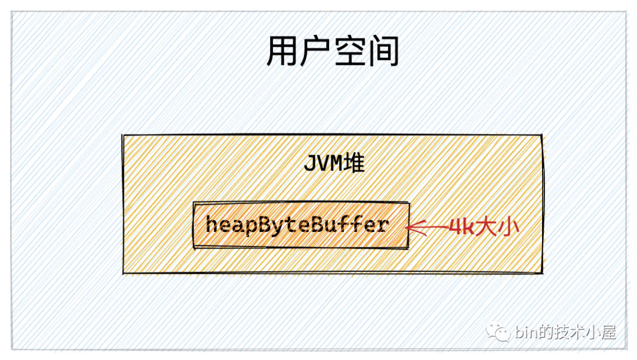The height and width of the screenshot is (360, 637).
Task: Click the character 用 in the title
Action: point(282,51)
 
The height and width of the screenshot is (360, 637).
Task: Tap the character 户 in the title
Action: point(315,51)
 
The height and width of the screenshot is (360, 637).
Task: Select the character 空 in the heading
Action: point(349,51)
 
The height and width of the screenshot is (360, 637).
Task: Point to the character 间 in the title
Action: point(383,51)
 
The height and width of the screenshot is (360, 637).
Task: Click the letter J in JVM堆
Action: point(311,163)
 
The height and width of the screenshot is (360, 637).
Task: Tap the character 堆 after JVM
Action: point(354,163)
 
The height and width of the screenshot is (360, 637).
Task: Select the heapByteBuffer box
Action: point(301,225)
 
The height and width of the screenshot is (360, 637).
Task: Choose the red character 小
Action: point(508,227)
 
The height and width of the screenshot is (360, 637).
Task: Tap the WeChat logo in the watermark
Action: point(498,332)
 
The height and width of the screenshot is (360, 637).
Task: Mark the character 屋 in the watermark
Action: point(608,332)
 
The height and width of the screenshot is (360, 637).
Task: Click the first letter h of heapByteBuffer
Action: point(212,224)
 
